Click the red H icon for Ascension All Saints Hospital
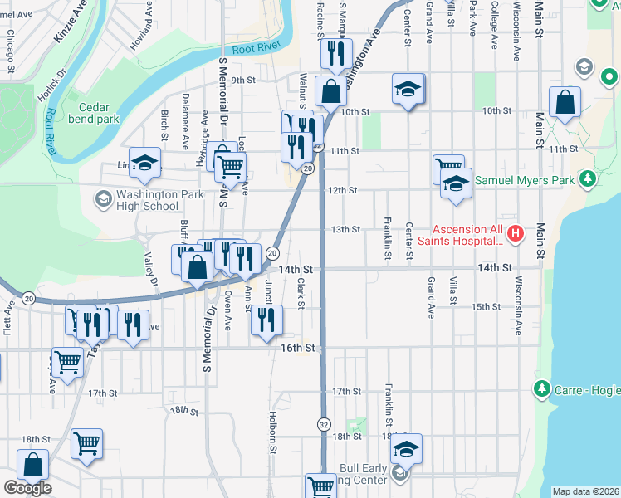tap(515, 235)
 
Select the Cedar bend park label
tap(99, 113)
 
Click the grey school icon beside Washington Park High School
tap(103, 199)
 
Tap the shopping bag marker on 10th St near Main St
tap(565, 104)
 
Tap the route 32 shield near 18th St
tap(323, 423)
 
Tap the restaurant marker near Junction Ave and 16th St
tap(266, 320)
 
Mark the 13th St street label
tap(345, 230)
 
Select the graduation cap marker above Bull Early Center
tap(406, 449)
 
